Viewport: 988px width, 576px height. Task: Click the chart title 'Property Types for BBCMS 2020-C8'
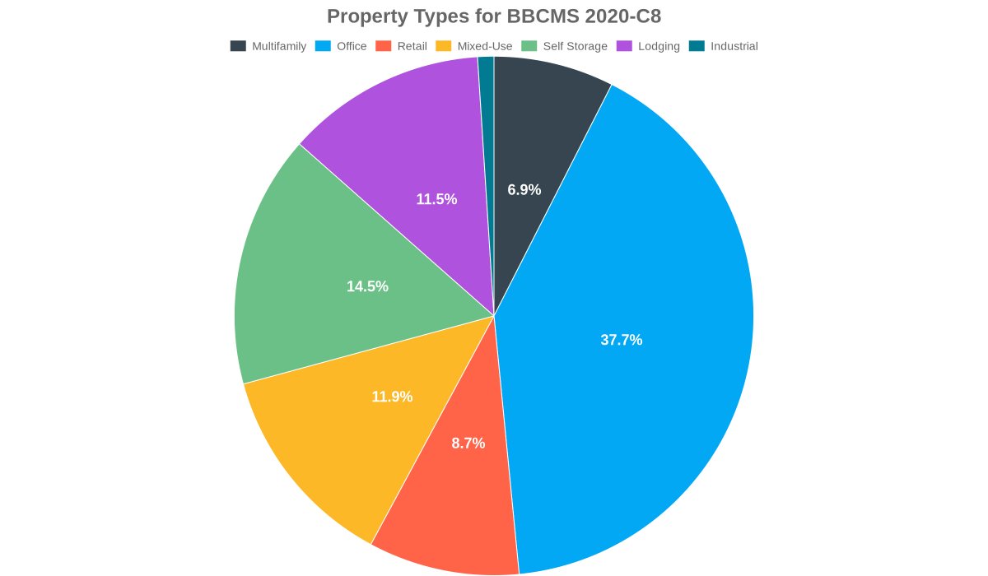pos(494,16)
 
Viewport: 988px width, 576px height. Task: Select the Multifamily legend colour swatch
pos(238,46)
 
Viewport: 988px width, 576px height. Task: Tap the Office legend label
pos(352,46)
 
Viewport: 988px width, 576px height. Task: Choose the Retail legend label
pos(412,46)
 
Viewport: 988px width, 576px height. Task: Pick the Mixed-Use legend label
pos(484,46)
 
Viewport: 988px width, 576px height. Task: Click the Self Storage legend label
pos(575,46)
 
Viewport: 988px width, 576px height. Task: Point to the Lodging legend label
pos(659,46)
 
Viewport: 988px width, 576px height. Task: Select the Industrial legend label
pos(734,46)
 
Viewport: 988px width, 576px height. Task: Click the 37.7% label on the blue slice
pos(621,340)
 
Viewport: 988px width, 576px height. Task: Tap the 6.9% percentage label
pos(524,190)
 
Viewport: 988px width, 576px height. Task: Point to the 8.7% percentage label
pos(468,444)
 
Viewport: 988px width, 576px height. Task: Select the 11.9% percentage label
pos(392,397)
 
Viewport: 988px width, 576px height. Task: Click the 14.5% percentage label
pos(367,286)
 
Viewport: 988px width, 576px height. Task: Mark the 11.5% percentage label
pos(436,199)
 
